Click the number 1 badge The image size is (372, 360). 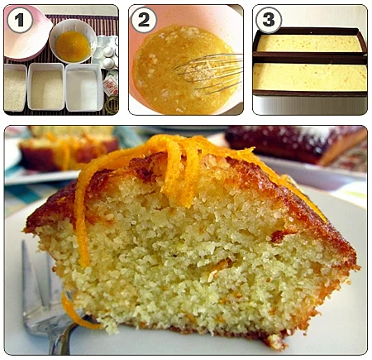(x=20, y=20)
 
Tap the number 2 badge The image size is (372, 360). (x=144, y=20)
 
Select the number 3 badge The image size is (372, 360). (x=269, y=20)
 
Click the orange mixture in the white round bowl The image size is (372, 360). (x=73, y=46)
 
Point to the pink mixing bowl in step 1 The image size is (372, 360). (x=26, y=33)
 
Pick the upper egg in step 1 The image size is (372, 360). (x=108, y=51)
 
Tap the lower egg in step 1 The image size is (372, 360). (x=108, y=63)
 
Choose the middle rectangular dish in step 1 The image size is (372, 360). (x=46, y=87)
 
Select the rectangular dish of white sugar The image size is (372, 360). (x=84, y=88)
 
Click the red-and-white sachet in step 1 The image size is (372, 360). (x=111, y=84)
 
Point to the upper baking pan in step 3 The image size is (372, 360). (x=310, y=41)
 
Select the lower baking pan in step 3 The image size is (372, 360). (x=310, y=75)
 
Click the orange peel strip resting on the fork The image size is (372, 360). (x=77, y=312)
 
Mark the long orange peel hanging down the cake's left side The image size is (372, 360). (x=81, y=215)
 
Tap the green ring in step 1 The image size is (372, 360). (x=112, y=105)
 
